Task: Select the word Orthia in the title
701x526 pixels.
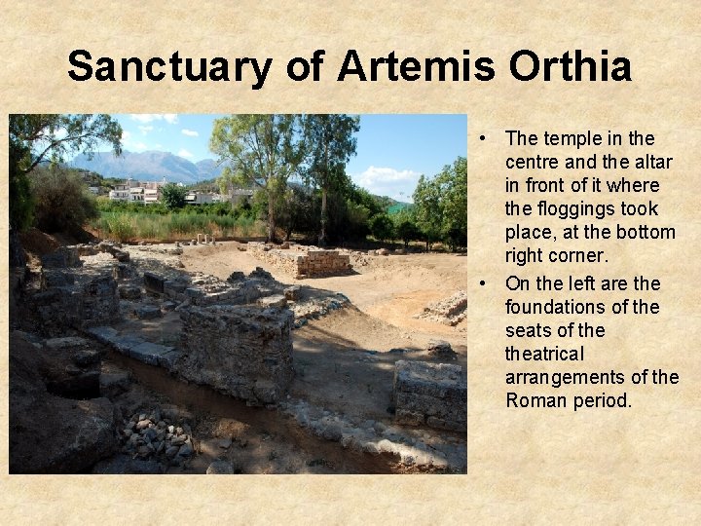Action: click(x=570, y=67)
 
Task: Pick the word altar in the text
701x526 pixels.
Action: click(x=651, y=162)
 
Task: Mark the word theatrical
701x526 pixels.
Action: click(x=544, y=354)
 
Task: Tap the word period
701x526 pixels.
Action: click(x=604, y=400)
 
